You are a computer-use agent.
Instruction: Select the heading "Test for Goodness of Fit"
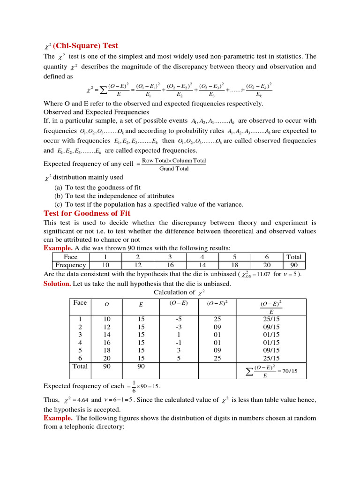87,213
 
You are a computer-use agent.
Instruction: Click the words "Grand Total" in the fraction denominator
174,169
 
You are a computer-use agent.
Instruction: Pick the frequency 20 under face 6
267,265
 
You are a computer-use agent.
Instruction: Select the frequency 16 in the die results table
170,265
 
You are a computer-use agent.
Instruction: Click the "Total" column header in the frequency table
294,257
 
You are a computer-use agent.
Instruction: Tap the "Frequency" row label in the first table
71,265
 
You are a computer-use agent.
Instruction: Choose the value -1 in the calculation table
178,343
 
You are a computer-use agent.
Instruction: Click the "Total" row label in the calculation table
80,366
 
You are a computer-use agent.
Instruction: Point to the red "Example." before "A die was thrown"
58,248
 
